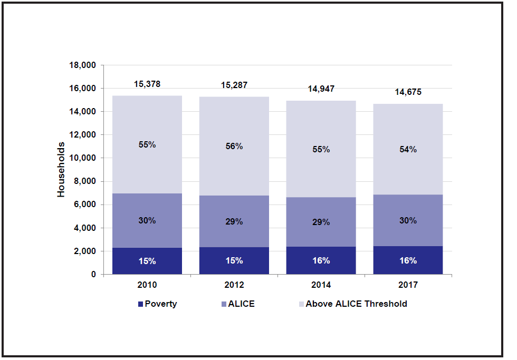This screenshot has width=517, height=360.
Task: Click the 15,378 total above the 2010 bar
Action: (x=147, y=84)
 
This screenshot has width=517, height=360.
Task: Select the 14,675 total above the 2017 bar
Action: (x=408, y=92)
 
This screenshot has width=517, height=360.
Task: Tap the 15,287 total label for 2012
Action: (x=234, y=85)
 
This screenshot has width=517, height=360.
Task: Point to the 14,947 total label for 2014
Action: (x=321, y=89)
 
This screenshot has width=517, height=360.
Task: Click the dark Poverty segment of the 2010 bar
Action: (x=147, y=261)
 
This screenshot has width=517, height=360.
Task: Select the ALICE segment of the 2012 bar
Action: (x=234, y=221)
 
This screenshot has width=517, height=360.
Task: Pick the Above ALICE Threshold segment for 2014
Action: (x=321, y=149)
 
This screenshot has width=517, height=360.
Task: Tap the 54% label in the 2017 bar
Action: (x=408, y=149)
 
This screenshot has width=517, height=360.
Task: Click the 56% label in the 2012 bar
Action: (x=234, y=147)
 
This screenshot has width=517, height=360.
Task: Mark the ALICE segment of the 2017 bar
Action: (x=408, y=220)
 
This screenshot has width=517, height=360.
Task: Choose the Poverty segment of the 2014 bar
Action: (x=321, y=260)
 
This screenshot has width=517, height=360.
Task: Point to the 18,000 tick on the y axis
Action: (x=82, y=65)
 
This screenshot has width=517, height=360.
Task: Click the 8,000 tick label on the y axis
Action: (x=84, y=182)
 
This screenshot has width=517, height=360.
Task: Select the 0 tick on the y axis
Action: (x=94, y=275)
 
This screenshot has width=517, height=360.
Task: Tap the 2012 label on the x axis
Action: (x=234, y=285)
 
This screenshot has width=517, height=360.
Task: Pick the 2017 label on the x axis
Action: (x=408, y=285)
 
